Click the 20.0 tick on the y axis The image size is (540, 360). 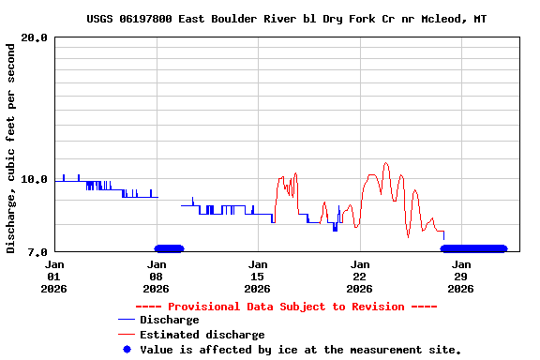coord(35,37)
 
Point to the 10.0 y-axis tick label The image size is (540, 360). coord(35,178)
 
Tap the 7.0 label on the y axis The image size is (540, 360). coord(38,251)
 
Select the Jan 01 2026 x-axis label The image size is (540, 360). coord(54,277)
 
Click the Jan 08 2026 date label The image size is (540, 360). coord(156,277)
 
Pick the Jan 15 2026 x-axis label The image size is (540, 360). coord(258,277)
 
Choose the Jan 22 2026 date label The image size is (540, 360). coord(359,277)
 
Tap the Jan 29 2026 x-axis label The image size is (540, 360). coord(460,277)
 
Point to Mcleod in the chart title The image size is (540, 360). coord(440,19)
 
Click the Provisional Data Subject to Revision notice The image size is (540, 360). coord(286,307)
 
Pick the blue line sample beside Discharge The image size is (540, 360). coord(127,321)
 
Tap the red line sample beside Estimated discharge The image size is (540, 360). coord(127,335)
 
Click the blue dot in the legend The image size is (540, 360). coord(127,350)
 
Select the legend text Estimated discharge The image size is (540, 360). coord(202,335)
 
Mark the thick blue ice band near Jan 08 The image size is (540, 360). coord(170,248)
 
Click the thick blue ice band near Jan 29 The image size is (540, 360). coord(473,248)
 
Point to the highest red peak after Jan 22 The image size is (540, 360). coord(385,163)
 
